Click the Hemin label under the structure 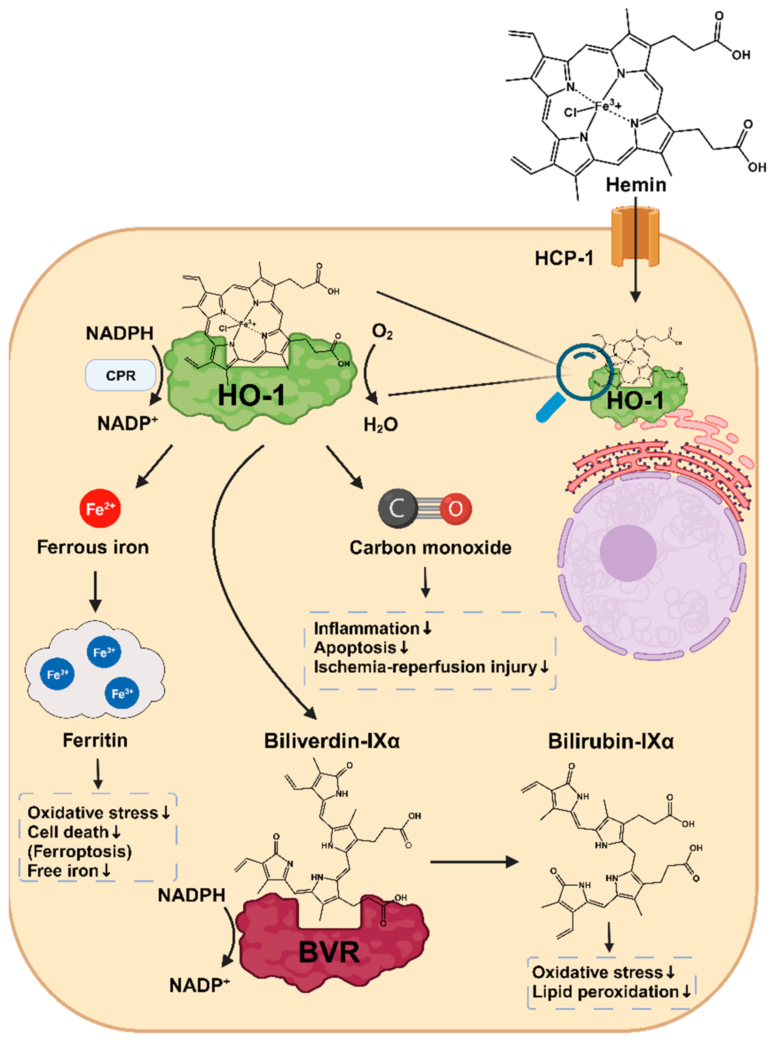click(x=636, y=185)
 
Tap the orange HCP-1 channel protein click(x=636, y=238)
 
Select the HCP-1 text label click(x=564, y=258)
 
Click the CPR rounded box click(x=121, y=375)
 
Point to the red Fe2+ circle click(x=100, y=508)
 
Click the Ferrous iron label click(x=93, y=547)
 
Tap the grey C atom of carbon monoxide click(x=397, y=508)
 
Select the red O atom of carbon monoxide click(x=455, y=508)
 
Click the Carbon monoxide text click(x=430, y=547)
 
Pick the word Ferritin click(x=95, y=741)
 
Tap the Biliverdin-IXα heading click(x=332, y=741)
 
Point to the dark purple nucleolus click(x=628, y=553)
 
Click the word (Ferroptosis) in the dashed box click(x=79, y=851)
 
